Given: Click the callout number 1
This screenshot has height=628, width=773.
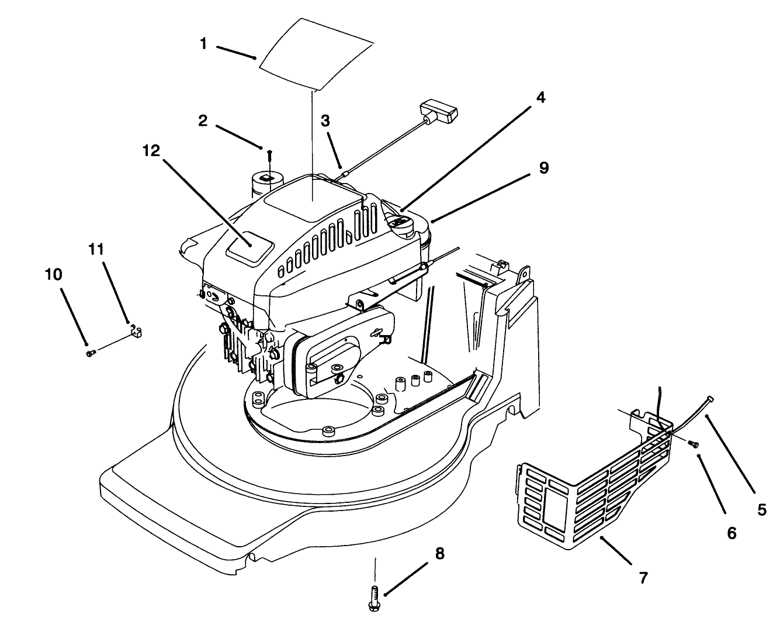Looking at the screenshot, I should coord(203,44).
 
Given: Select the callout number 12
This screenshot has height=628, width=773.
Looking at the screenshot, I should coord(151,150).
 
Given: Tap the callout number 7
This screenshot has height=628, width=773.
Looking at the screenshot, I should coord(643,578).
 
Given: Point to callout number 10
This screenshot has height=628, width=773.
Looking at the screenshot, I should coord(53,274).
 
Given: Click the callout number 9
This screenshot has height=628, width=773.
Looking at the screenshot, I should coord(543,168).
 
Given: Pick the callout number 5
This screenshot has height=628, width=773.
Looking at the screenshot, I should coord(762,510).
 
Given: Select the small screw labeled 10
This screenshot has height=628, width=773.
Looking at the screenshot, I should coord(90,353).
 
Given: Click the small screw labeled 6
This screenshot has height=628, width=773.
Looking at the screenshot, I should coord(693,444).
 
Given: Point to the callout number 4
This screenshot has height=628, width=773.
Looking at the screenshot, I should coord(540,98).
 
